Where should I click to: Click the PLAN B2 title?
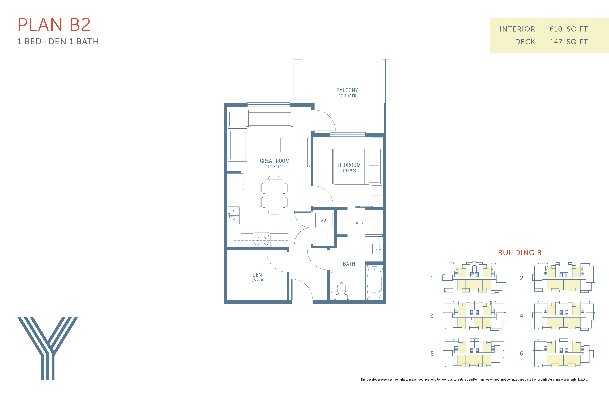pos(54,25)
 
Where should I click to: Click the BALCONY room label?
pos(347,90)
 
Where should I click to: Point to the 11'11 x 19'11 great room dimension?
pos(275,166)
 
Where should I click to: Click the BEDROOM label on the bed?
pos(349,165)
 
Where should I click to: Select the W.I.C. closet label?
pos(360,222)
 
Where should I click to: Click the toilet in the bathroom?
pos(341,290)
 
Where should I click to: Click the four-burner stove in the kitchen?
pos(262,239)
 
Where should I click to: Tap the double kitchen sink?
pos(234,215)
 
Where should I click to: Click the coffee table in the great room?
pos(268,145)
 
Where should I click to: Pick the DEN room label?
pos(257,275)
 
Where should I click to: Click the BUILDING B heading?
pos(520,253)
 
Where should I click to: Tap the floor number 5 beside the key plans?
pos(432,354)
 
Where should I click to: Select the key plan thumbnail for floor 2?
pos(564,278)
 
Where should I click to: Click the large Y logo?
pos(48,348)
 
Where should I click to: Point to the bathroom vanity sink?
pos(376,249)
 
